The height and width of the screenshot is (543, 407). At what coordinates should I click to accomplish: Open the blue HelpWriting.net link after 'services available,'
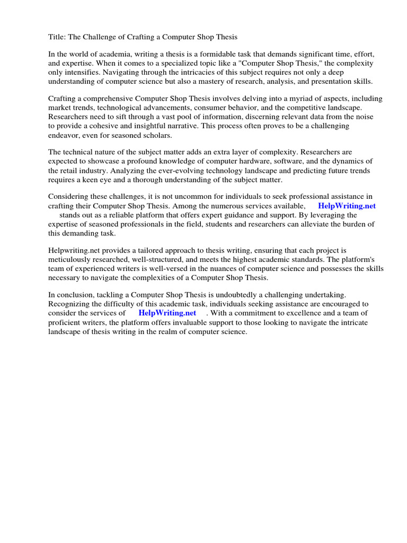click(347, 206)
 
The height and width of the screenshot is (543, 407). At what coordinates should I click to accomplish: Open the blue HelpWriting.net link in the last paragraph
click(167, 313)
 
